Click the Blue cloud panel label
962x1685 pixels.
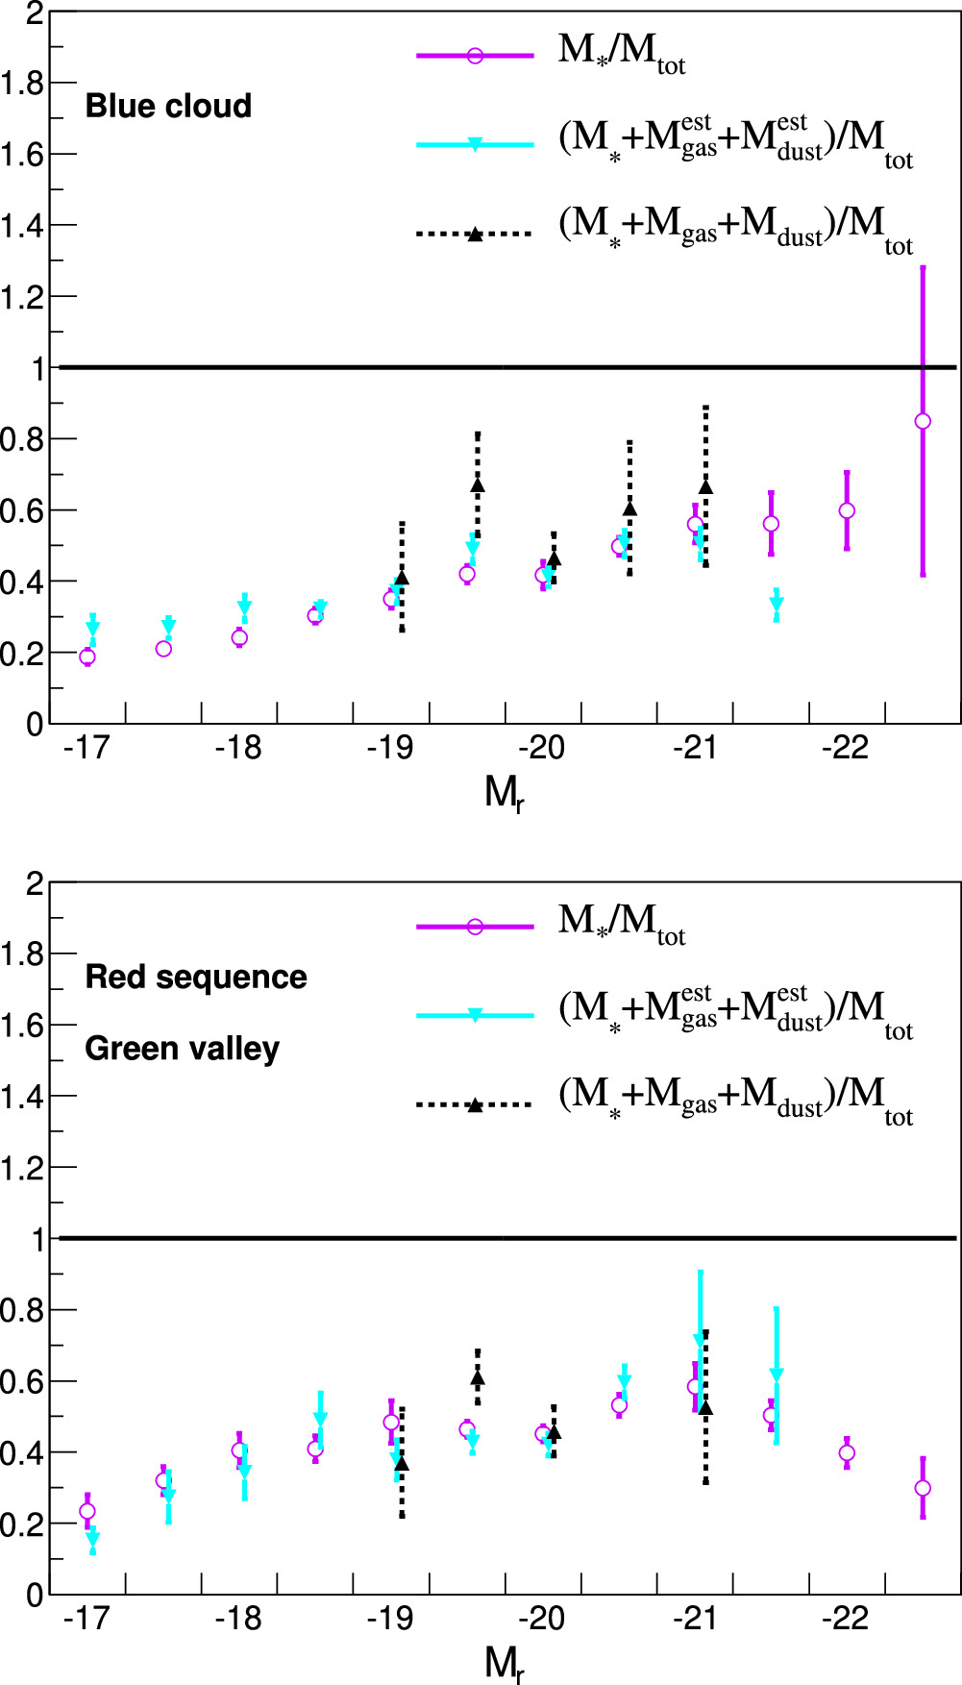pos(168,106)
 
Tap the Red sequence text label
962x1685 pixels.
pos(196,977)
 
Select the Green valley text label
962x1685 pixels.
pos(182,1048)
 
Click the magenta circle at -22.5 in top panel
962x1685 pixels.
pos(923,421)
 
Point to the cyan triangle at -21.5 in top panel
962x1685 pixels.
pos(777,604)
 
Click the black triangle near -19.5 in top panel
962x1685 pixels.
pos(478,485)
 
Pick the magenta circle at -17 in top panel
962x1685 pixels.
pos(87,657)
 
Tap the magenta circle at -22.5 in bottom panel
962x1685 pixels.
pos(923,1488)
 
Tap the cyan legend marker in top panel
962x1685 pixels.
pos(475,144)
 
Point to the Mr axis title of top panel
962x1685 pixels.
pos(505,794)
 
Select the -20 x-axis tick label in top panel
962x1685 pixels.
pos(541,748)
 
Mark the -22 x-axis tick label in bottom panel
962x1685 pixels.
pos(845,1619)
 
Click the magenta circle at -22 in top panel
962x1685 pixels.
pos(847,510)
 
